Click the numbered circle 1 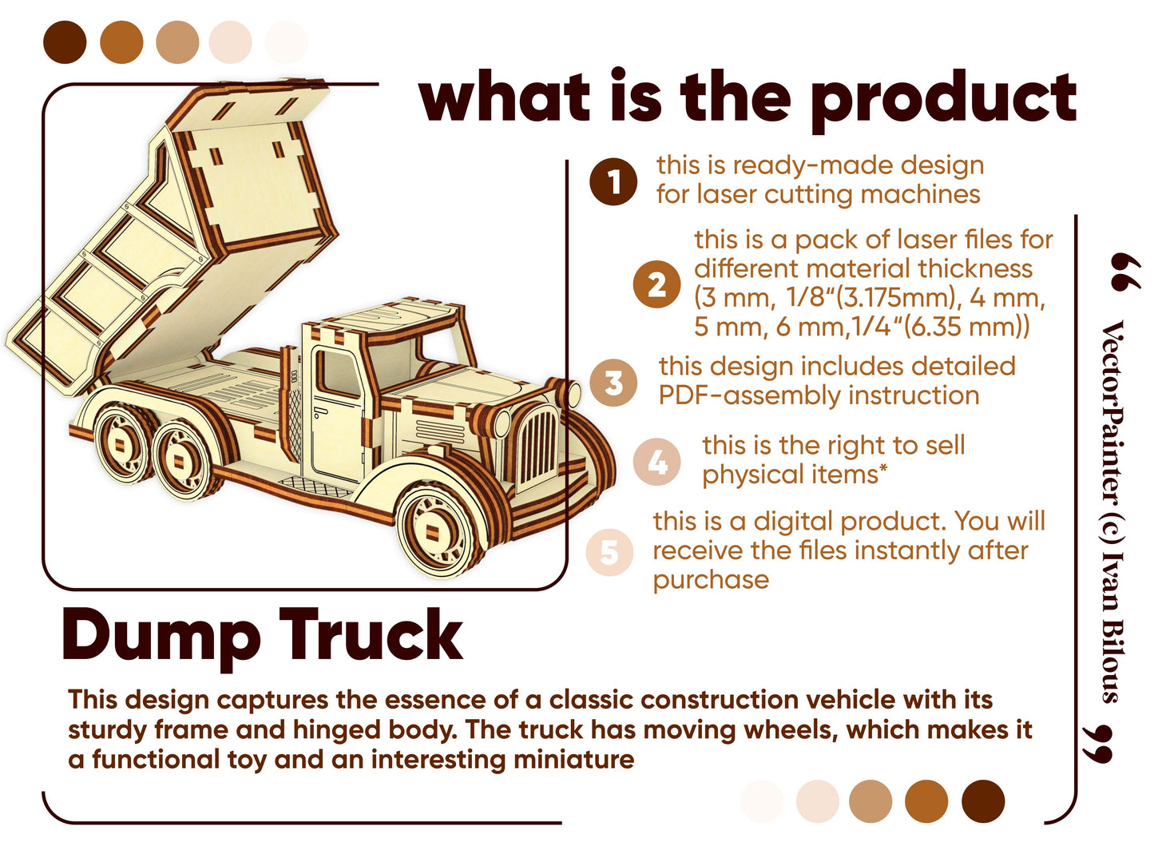[613, 181]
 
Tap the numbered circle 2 [656, 284]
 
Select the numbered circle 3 [613, 383]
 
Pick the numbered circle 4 [656, 463]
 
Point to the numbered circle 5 [609, 552]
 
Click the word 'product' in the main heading [944, 101]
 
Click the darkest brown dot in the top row [65, 42]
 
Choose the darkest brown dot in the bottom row [982, 800]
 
